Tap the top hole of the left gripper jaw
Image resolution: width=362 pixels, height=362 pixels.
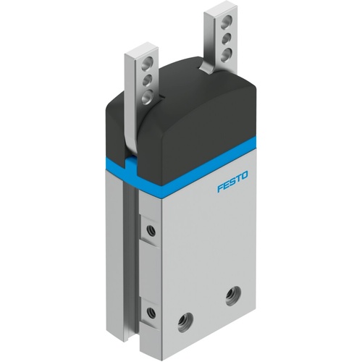click(149, 64)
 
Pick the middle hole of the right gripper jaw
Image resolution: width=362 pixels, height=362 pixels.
click(227, 36)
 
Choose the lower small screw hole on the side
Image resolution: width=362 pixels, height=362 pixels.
click(150, 313)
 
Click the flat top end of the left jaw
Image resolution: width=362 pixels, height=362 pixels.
click(140, 52)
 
